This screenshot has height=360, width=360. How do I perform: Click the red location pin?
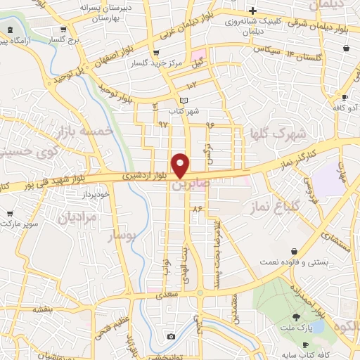pyautogui.click(x=181, y=165)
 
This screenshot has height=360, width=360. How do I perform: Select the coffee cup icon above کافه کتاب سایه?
pyautogui.click(x=305, y=343)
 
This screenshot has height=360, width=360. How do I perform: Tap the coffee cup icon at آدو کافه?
pyautogui.click(x=345, y=98)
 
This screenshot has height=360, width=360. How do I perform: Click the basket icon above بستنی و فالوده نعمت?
pyautogui.click(x=293, y=251)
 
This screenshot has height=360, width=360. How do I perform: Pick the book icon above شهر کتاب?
pyautogui.click(x=184, y=101)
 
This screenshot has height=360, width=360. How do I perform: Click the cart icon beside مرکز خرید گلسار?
pyautogui.click(x=156, y=53)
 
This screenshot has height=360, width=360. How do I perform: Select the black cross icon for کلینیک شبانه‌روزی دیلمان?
pyautogui.click(x=252, y=10)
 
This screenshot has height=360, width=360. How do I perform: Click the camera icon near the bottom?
pyautogui.click(x=171, y=337)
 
